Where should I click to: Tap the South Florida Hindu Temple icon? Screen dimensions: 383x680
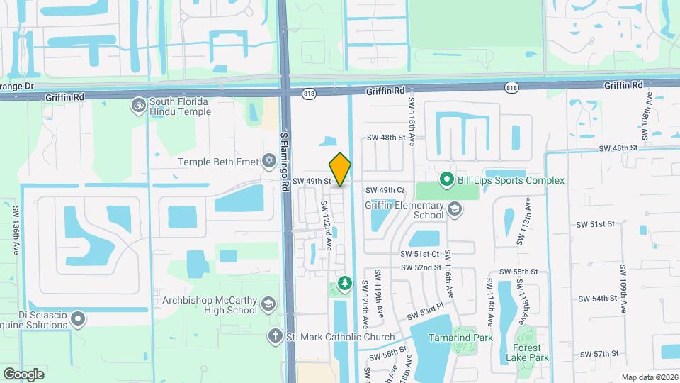(137, 105)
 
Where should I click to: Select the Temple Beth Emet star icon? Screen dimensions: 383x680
(268, 161)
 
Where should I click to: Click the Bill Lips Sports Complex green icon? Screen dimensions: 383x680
(446, 180)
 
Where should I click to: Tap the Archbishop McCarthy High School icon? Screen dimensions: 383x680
(268, 304)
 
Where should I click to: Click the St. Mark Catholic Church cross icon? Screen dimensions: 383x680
(274, 336)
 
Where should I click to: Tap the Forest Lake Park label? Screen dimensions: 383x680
(527, 353)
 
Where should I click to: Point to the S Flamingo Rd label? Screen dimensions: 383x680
(285, 159)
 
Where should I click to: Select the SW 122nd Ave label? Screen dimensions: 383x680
(327, 223)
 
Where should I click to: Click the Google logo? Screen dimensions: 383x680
(23, 374)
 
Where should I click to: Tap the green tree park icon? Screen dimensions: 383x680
(345, 284)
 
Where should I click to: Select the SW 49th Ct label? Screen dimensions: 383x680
(385, 190)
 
